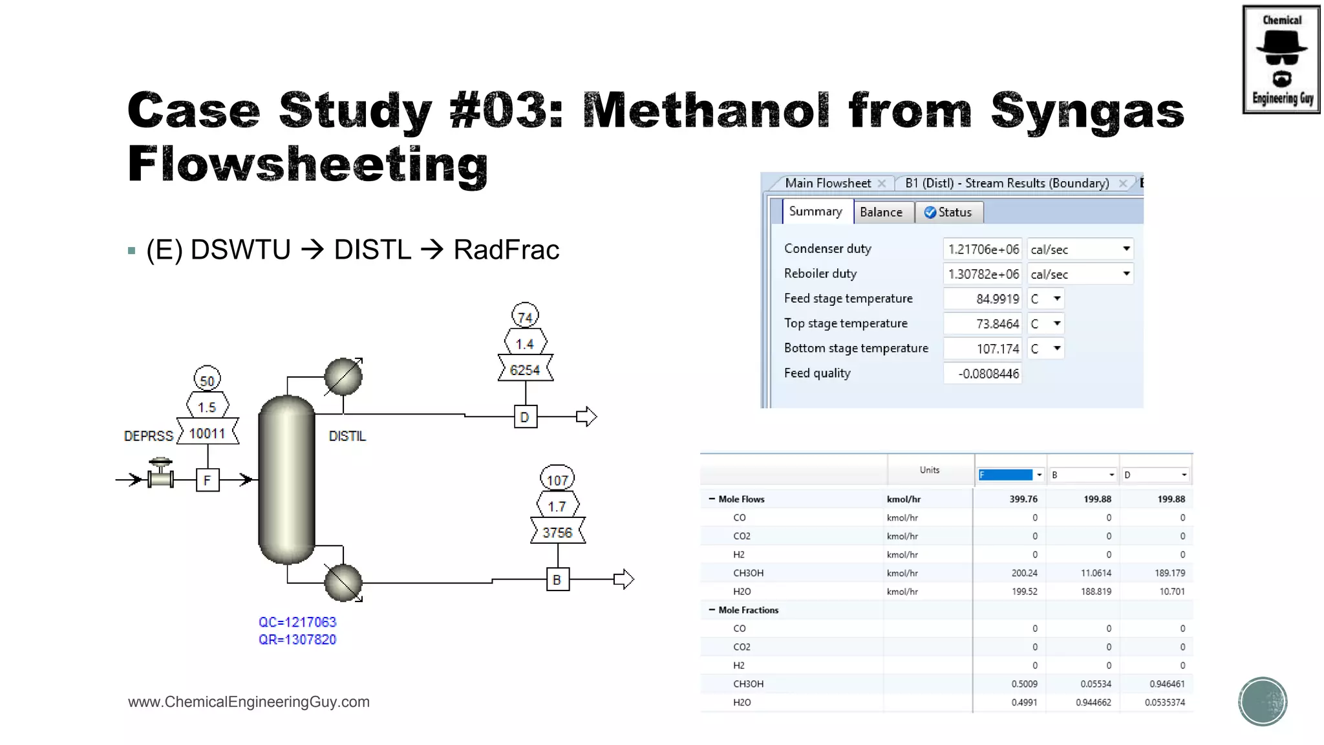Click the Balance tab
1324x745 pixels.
point(881,212)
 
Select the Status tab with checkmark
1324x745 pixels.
point(948,212)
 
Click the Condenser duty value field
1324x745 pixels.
point(983,250)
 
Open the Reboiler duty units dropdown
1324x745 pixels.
point(1126,274)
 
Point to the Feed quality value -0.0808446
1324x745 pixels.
point(983,374)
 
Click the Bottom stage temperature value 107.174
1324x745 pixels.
point(983,349)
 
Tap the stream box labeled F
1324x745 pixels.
point(207,480)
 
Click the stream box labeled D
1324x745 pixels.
point(525,417)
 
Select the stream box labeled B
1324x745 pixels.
point(557,580)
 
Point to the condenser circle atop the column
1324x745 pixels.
point(343,376)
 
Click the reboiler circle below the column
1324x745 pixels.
point(343,582)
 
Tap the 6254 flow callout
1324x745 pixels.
point(525,370)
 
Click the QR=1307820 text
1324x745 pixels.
point(297,640)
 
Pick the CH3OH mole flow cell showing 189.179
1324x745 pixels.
point(1169,573)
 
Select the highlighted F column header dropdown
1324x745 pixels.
point(1010,475)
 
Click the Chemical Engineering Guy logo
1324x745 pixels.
point(1281,59)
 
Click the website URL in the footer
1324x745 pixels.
point(249,702)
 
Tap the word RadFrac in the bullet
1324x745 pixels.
point(506,250)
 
